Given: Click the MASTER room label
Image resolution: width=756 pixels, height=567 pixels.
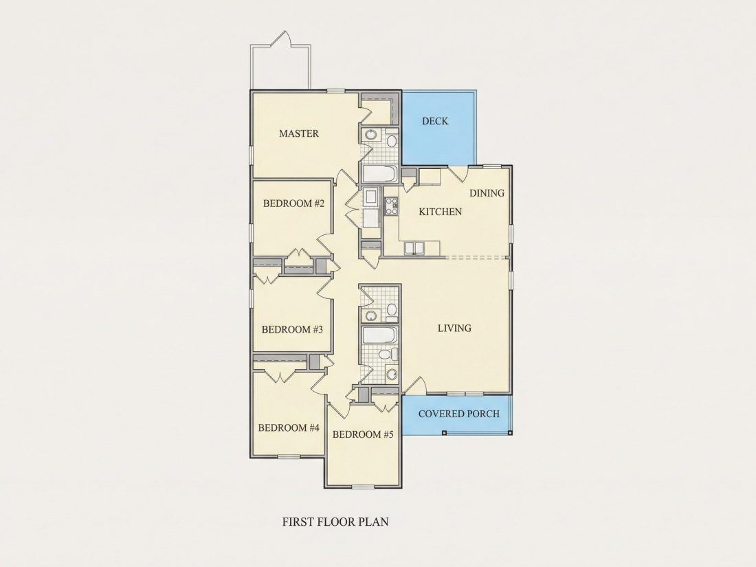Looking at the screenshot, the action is (x=299, y=133).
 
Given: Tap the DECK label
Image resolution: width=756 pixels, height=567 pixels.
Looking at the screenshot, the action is (x=435, y=121).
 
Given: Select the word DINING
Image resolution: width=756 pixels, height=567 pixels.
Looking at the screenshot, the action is (x=487, y=193).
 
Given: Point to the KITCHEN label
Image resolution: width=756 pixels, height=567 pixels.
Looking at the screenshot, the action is (x=440, y=212).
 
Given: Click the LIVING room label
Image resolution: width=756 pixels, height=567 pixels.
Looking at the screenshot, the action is (x=455, y=329).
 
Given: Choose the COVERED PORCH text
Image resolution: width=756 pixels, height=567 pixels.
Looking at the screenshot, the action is (x=459, y=414).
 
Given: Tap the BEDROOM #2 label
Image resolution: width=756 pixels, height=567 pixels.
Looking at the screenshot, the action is (x=293, y=203).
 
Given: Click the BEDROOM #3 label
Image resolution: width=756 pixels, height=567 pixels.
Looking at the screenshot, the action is (x=292, y=330).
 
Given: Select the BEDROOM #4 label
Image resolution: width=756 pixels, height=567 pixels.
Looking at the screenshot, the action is (x=289, y=427).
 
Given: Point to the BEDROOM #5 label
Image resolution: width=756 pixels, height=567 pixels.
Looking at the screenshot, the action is (x=363, y=434).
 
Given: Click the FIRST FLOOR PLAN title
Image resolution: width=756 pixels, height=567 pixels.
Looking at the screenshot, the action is (x=335, y=522).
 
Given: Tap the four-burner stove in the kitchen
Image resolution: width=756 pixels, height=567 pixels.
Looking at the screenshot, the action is (x=391, y=206).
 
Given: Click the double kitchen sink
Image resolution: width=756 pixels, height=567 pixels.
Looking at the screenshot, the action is (x=414, y=248).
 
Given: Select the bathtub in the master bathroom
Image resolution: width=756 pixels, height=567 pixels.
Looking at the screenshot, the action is (x=379, y=174).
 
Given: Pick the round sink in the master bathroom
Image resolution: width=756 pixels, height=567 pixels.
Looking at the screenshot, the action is (x=370, y=135).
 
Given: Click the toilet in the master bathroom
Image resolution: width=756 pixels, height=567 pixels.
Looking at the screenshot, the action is (x=392, y=140).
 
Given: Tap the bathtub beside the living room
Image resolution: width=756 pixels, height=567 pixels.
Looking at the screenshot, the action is (x=380, y=335).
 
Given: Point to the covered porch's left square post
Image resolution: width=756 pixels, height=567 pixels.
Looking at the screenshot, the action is (x=444, y=432).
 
